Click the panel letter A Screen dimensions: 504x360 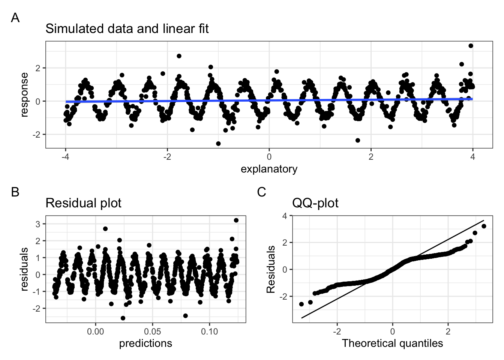point(15,18)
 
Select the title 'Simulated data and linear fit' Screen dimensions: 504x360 point(127,28)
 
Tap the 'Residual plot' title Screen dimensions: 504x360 point(84,203)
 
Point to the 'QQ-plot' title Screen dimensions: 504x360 point(315,203)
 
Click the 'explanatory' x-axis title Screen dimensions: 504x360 point(269,169)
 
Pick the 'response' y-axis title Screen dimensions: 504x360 point(24,95)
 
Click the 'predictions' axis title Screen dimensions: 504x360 point(145,343)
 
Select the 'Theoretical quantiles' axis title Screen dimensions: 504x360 point(392,343)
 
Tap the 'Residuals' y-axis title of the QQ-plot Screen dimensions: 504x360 point(270,269)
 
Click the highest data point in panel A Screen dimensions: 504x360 point(471,46)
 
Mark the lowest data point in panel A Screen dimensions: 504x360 point(218,144)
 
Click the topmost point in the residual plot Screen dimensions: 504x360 point(236,220)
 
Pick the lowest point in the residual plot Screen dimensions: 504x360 point(123,318)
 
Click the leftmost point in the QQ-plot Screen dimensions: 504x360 point(301,304)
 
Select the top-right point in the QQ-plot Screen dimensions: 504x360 point(484,226)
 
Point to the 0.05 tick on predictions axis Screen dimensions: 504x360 point(153,331)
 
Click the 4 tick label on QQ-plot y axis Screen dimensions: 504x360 point(285,216)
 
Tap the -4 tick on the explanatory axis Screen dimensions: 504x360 point(66,157)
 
